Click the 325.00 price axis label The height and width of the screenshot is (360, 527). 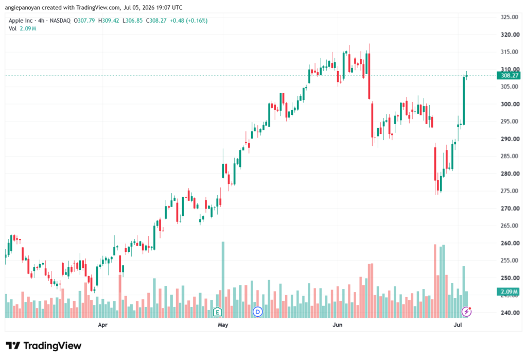point(510,17)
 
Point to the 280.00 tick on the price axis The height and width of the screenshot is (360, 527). point(510,174)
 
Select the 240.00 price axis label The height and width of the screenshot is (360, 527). point(510,313)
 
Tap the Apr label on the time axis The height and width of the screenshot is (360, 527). point(102,324)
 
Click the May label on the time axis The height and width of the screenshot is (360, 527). point(223,324)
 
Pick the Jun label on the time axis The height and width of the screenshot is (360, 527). point(338,324)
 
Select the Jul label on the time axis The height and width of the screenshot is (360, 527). point(458,324)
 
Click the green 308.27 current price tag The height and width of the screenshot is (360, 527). point(509,75)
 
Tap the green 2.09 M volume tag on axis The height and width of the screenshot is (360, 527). point(509,292)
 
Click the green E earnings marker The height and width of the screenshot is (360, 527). point(218,312)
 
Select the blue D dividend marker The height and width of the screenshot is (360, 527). point(258,312)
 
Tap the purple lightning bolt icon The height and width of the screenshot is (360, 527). point(466,312)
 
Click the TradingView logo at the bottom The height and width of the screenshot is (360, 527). point(43,346)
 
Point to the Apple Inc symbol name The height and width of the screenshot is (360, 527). point(21,21)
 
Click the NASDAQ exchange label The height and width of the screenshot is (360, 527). point(60,21)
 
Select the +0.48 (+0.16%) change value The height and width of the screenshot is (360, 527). point(188,21)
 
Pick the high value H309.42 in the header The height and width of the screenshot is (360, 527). point(109,21)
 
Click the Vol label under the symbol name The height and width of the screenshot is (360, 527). point(12,29)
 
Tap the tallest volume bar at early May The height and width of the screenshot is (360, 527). point(223,280)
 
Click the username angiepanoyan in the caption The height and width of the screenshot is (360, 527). point(23,7)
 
